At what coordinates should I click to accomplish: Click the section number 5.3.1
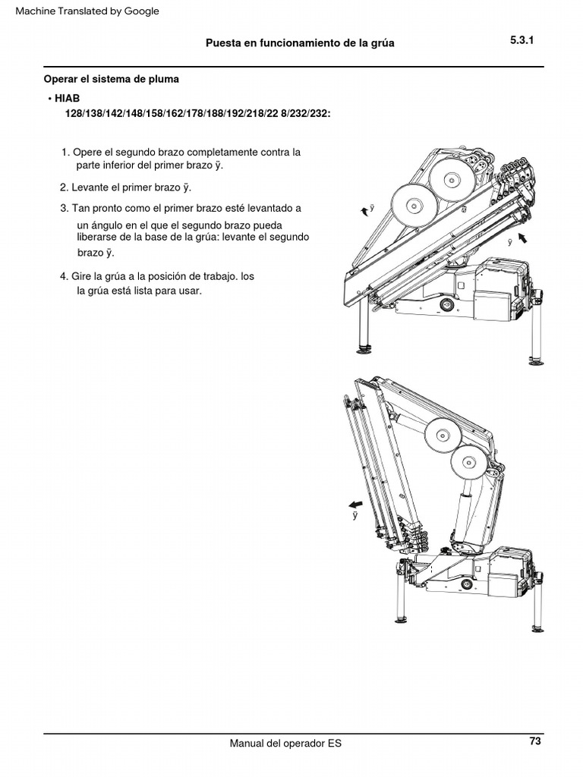522,41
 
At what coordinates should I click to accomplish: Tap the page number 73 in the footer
535,741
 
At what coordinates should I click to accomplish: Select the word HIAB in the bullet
67,99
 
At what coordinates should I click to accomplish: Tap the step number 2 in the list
63,187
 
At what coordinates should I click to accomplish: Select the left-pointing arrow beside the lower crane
355,505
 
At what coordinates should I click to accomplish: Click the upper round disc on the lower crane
441,437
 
